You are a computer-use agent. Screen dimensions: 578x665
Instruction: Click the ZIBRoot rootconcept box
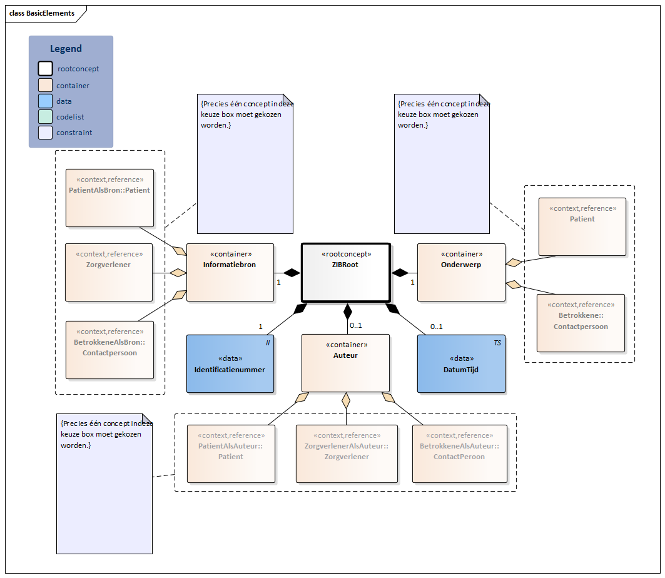[346, 272]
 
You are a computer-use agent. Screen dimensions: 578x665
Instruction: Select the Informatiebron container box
[230, 272]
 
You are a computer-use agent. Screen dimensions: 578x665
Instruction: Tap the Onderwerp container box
[461, 272]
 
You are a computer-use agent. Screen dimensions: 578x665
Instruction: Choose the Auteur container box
[345, 363]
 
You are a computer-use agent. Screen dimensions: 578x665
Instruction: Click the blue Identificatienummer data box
[230, 363]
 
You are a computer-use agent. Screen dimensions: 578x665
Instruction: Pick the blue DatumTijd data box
[461, 363]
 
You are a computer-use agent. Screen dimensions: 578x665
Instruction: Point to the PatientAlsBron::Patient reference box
[109, 198]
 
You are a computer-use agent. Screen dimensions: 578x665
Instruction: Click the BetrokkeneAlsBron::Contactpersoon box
[109, 350]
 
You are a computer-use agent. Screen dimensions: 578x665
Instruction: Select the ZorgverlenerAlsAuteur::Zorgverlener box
[347, 454]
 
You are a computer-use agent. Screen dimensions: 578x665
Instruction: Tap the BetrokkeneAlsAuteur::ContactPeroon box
[459, 454]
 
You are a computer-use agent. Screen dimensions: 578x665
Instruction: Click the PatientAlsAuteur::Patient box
[231, 454]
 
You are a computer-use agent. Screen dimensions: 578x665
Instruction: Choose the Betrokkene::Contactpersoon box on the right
[581, 323]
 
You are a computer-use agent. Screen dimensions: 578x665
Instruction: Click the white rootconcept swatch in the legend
[45, 69]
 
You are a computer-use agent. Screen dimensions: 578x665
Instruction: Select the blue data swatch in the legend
[45, 101]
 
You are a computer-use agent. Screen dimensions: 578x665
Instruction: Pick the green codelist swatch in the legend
[45, 116]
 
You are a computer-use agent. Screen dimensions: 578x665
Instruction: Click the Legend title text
[66, 49]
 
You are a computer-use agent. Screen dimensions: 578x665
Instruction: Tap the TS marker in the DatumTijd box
[497, 343]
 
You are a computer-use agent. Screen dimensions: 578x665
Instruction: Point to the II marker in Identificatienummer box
[267, 343]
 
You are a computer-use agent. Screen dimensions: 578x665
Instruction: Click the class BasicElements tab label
[42, 13]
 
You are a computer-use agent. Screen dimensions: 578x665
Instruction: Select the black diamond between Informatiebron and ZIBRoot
[292, 272]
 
